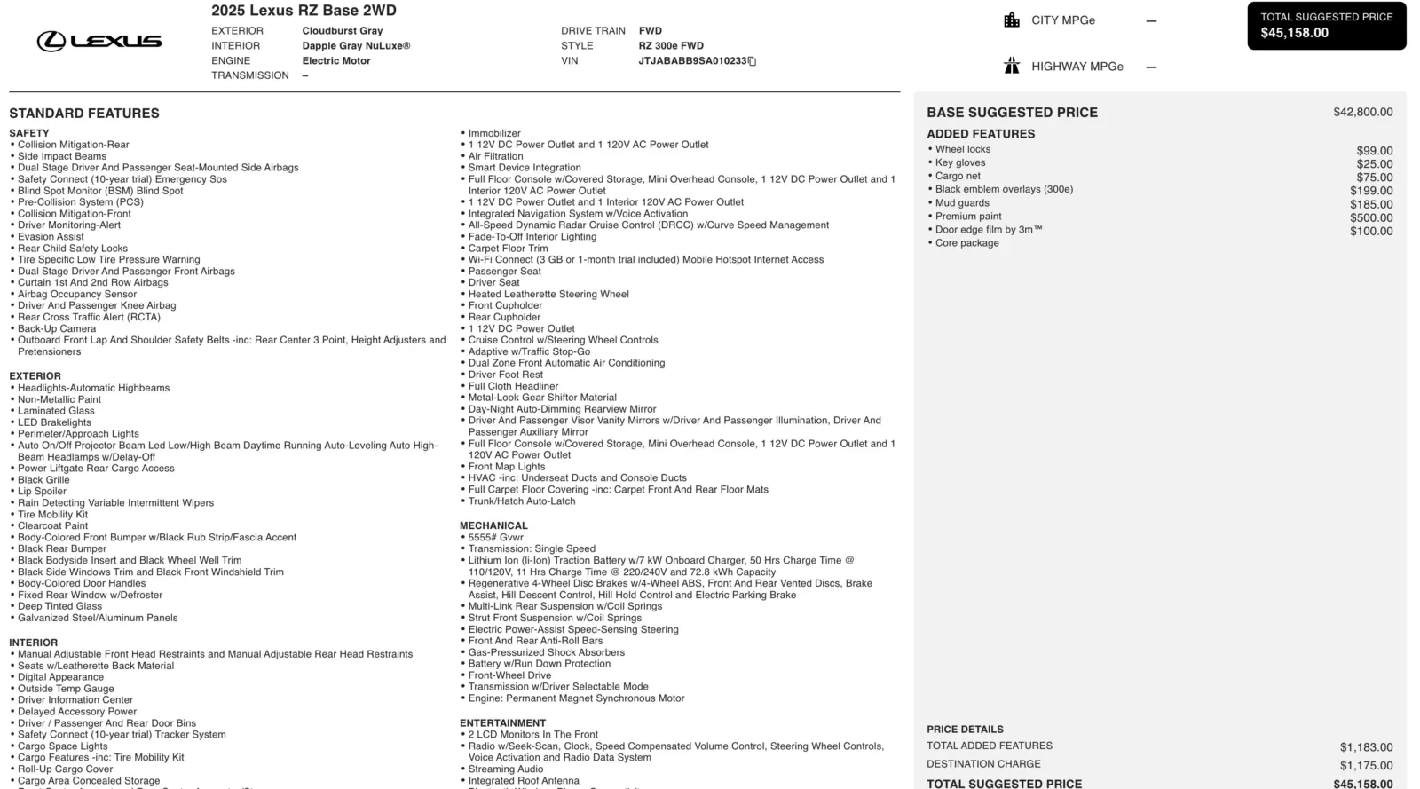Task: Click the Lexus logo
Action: pos(99,41)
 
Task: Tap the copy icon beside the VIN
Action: pos(752,61)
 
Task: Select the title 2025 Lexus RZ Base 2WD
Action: pos(304,11)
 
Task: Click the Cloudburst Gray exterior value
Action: pos(342,31)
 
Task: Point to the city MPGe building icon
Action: pos(1012,20)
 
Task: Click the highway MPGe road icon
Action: pos(1012,66)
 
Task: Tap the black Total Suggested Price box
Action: pos(1326,25)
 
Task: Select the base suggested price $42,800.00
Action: pos(1362,113)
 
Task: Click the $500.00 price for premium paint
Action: pos(1371,217)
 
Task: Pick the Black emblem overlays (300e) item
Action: pos(1004,189)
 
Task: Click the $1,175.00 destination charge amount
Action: pos(1366,765)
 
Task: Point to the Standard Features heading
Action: pos(84,114)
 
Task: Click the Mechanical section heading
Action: pos(493,525)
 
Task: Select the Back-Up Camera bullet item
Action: pos(57,328)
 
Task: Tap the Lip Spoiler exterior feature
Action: pos(42,491)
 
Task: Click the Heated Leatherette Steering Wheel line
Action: pos(548,294)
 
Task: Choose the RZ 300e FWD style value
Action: pos(671,46)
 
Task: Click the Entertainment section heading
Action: pos(502,723)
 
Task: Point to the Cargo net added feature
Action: pos(958,176)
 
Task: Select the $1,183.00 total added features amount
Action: pos(1366,747)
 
